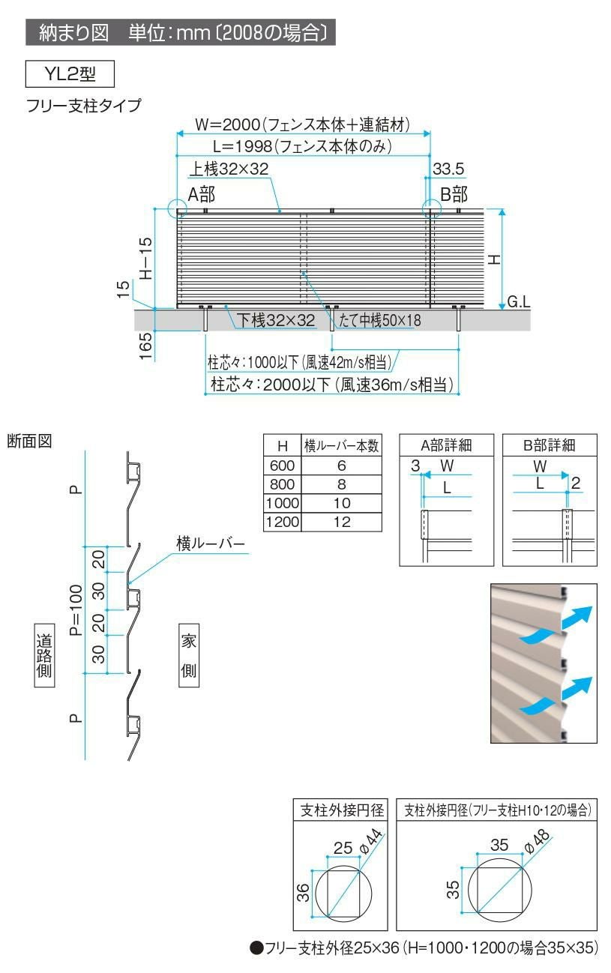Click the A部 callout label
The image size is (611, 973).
(x=201, y=195)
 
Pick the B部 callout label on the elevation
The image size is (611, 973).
(x=454, y=195)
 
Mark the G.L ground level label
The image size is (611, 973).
(x=519, y=301)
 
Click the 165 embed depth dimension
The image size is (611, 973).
(x=146, y=342)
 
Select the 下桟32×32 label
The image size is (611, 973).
(x=277, y=320)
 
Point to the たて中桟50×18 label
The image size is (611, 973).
(x=380, y=320)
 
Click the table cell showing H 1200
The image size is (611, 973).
(x=282, y=522)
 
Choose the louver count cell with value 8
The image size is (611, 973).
(x=342, y=484)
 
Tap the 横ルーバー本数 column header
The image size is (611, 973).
(x=342, y=445)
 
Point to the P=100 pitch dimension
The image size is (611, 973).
(x=75, y=609)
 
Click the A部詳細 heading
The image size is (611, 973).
(x=446, y=445)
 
